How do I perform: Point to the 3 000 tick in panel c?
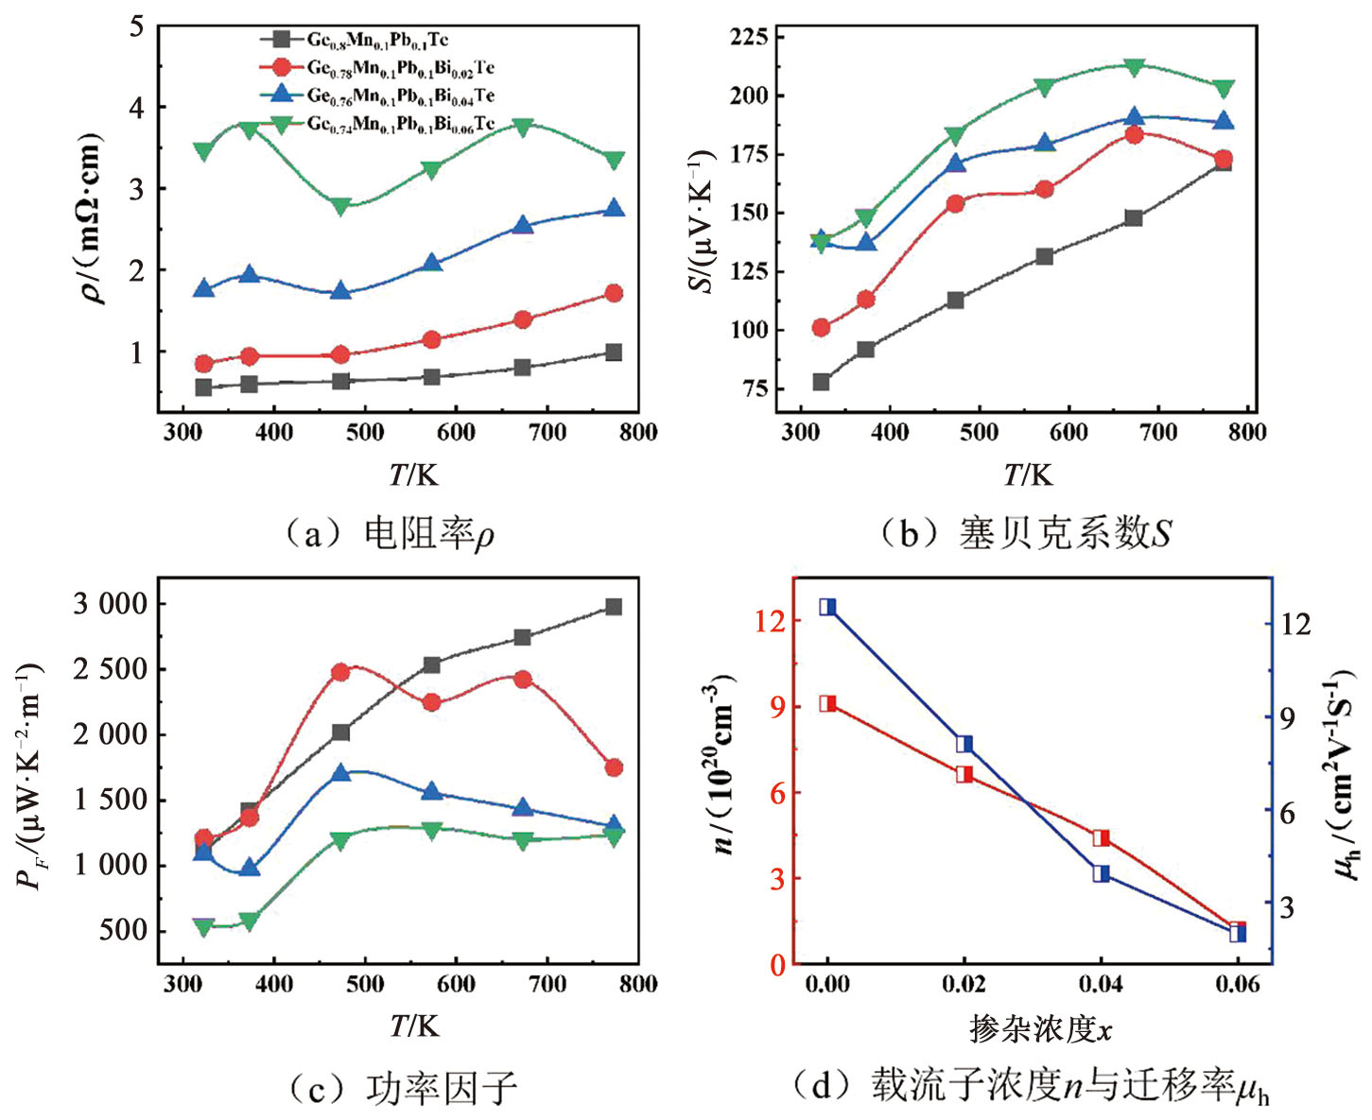(x=113, y=603)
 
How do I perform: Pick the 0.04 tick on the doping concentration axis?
(x=1101, y=984)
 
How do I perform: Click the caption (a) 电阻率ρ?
(x=390, y=534)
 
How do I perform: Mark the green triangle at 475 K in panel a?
(x=341, y=206)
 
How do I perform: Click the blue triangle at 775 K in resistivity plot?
(x=614, y=208)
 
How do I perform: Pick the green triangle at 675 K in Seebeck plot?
(x=1135, y=67)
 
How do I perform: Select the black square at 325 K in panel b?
(x=821, y=382)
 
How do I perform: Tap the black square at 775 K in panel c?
(x=614, y=607)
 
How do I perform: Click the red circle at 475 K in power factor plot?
(x=341, y=672)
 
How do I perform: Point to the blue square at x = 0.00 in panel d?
(x=827, y=607)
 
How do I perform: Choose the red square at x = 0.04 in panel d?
(x=1101, y=838)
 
